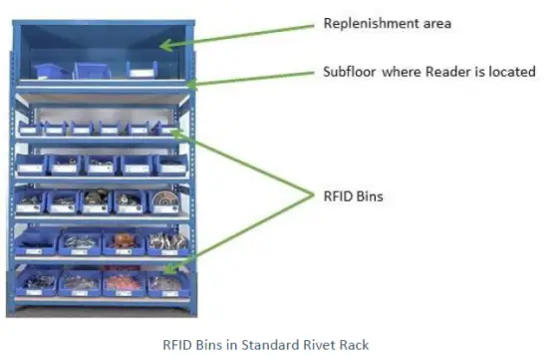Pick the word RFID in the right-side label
(340, 196)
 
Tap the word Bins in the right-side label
(371, 196)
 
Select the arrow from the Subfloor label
(249, 79)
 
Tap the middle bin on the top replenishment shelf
(91, 70)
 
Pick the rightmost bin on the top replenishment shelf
(140, 70)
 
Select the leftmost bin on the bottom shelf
(37, 282)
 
